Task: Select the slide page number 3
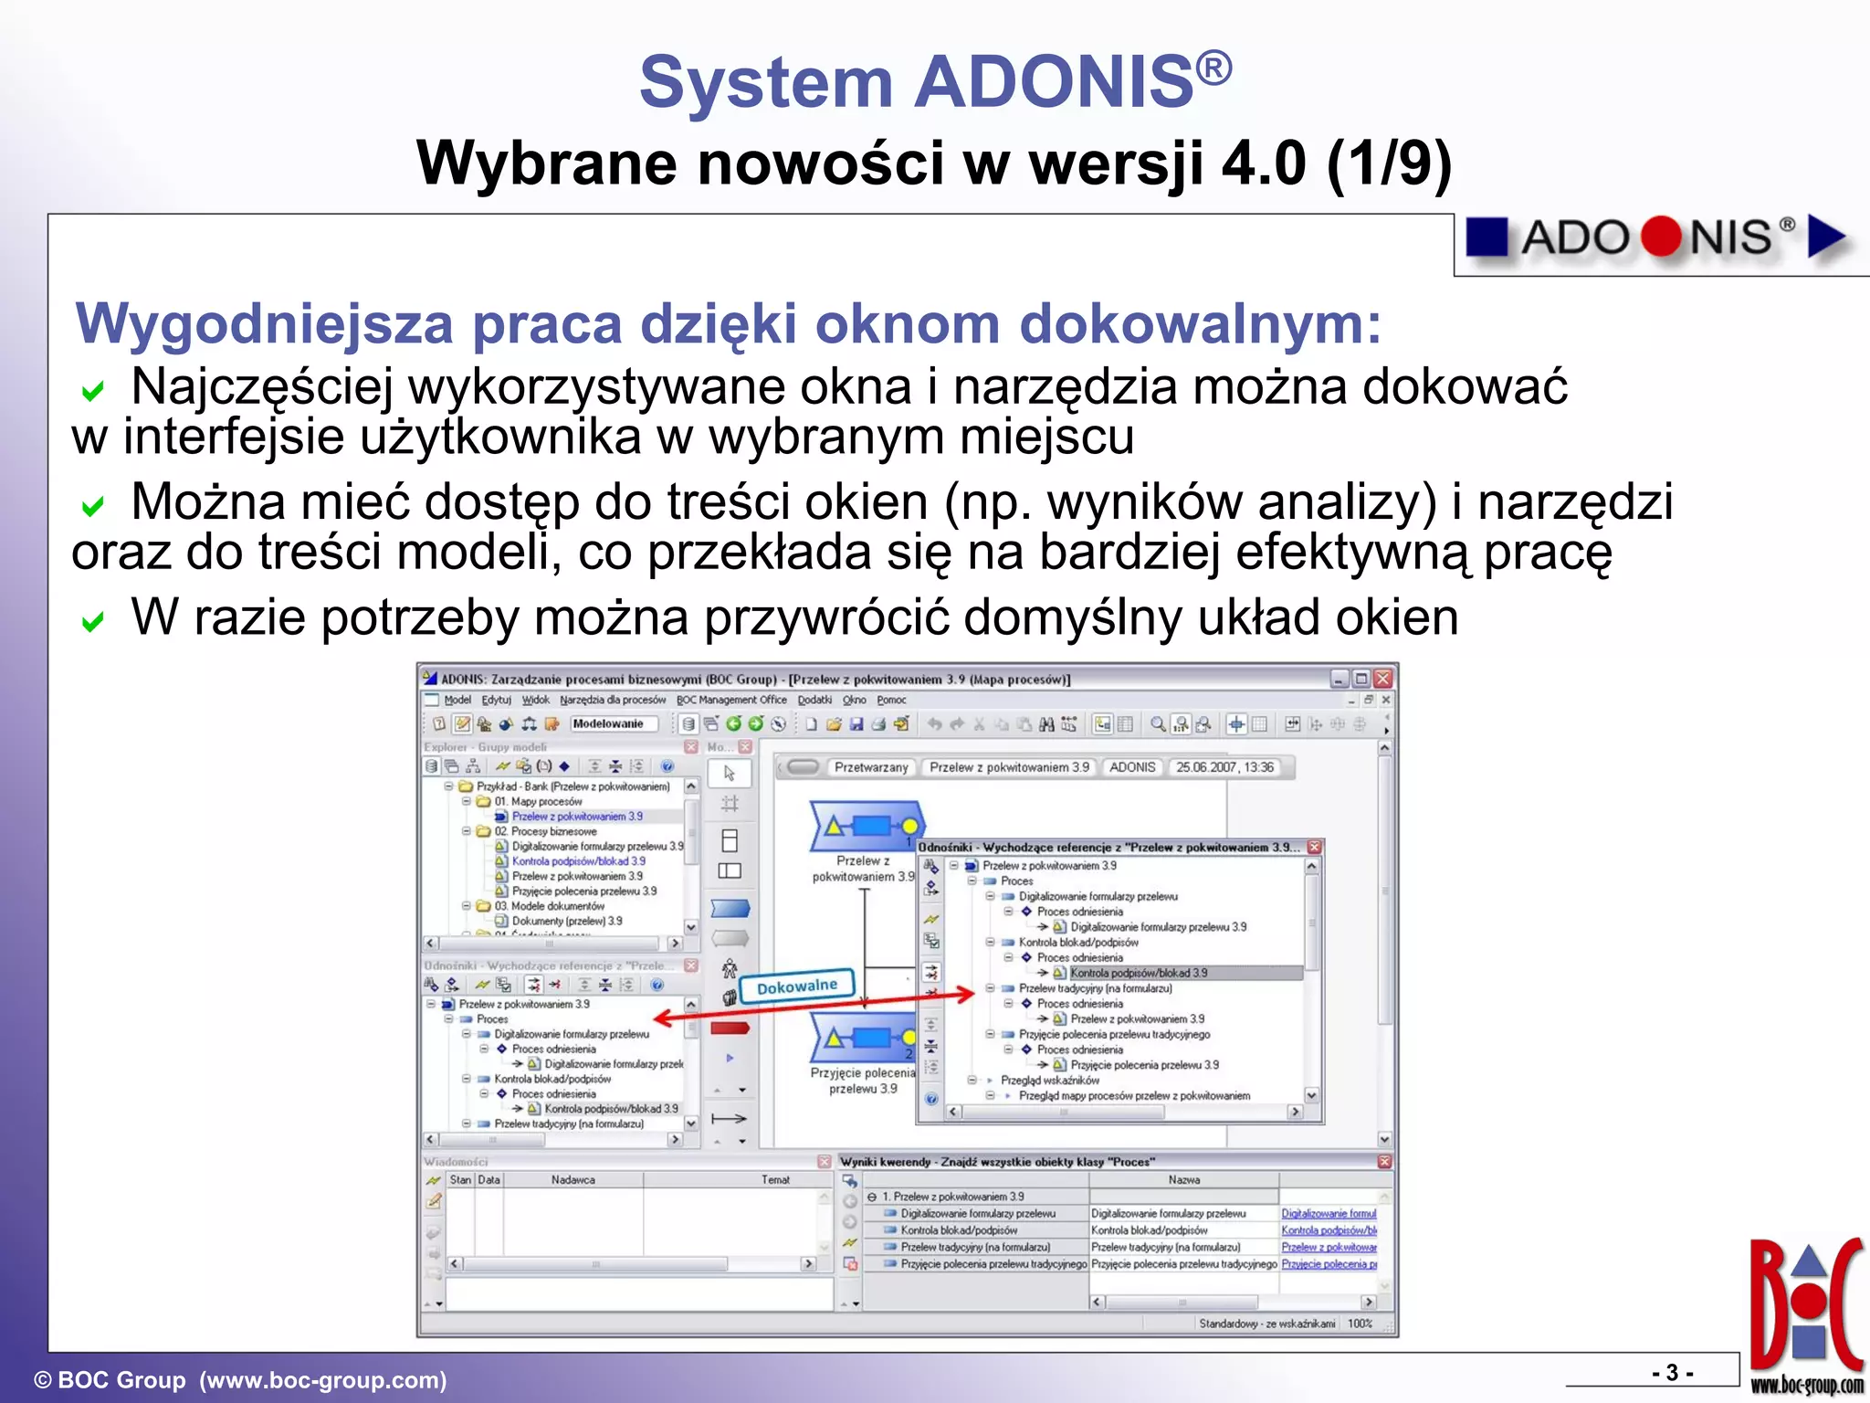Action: coord(1672,1373)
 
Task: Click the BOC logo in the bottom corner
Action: coord(1806,1311)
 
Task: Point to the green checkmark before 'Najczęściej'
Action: coord(92,392)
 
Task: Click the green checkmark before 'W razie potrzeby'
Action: coord(92,623)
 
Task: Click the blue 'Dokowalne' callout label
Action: coord(796,986)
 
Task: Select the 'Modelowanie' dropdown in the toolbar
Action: coord(613,723)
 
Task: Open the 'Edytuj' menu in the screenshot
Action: coord(496,700)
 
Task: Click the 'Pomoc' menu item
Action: coord(891,700)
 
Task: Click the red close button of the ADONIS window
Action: coord(1382,679)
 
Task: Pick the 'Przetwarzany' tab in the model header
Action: coord(871,767)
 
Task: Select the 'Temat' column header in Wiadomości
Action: coord(775,1180)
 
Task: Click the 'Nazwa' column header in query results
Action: coord(1183,1180)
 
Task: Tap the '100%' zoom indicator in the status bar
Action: coord(1360,1324)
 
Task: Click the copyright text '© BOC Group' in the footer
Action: coord(110,1380)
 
